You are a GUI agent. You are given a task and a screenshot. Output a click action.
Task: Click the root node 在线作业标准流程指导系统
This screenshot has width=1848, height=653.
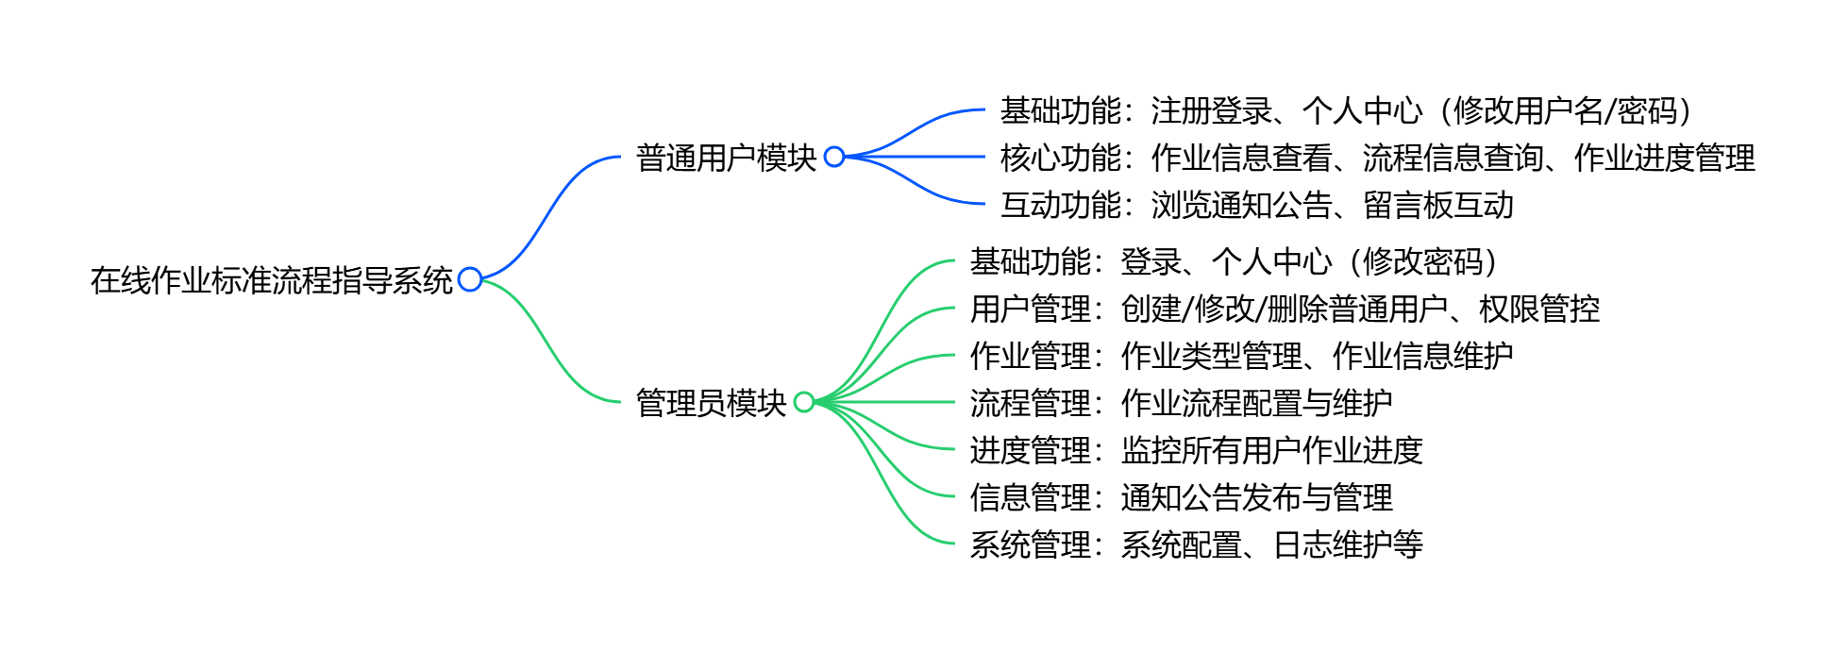pyautogui.click(x=272, y=280)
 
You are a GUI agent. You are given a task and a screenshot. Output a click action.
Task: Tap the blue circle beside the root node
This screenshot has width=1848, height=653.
pyautogui.click(x=470, y=279)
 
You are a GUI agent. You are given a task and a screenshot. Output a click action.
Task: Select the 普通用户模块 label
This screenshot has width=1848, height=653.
pyautogui.click(x=726, y=158)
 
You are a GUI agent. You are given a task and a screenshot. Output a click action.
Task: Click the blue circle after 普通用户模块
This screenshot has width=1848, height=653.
pyautogui.click(x=834, y=157)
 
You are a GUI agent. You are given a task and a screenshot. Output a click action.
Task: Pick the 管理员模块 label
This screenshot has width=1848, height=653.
pyautogui.click(x=711, y=403)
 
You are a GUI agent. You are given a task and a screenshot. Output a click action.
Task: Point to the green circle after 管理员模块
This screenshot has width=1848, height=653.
pyautogui.click(x=804, y=402)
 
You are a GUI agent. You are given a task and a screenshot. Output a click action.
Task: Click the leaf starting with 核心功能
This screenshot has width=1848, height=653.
pyautogui.click(x=1377, y=158)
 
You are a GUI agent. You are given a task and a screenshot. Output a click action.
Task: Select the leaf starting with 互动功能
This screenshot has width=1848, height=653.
pyautogui.click(x=1256, y=205)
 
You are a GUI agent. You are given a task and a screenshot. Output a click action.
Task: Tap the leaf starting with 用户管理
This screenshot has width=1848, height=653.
pyautogui.click(x=1285, y=309)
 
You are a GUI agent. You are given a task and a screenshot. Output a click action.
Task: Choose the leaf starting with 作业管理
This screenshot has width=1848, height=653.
pyautogui.click(x=1241, y=356)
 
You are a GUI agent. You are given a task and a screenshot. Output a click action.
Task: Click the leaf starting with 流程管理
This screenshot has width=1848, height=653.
pyautogui.click(x=1181, y=403)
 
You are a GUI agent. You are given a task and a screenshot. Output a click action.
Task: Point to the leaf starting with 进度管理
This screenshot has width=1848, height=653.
pyautogui.click(x=1196, y=450)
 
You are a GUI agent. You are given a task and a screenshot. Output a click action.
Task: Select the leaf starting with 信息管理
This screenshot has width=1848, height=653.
pyautogui.click(x=1181, y=497)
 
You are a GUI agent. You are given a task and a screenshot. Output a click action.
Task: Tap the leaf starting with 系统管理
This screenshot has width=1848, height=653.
pyautogui.click(x=1196, y=544)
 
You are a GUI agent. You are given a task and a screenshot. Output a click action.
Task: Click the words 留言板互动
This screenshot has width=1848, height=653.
pyautogui.click(x=1438, y=205)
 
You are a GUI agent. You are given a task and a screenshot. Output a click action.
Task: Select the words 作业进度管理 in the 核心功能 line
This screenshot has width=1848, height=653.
pyautogui.click(x=1665, y=158)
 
